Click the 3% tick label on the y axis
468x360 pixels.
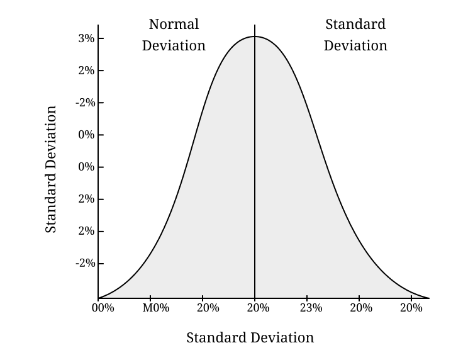(86, 38)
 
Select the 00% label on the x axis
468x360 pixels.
(103, 308)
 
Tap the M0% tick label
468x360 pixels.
(155, 308)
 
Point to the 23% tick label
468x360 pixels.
(311, 308)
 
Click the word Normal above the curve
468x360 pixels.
(174, 25)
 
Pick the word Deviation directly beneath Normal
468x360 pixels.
(174, 46)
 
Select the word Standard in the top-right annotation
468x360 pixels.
(355, 25)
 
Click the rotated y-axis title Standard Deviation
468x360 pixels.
(51, 169)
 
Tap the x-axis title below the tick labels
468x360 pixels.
(250, 338)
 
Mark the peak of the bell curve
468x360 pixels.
(255, 37)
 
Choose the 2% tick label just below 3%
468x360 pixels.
(86, 70)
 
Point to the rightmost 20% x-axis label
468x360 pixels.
(411, 308)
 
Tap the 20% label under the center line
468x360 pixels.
(258, 308)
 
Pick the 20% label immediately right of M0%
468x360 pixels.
(208, 308)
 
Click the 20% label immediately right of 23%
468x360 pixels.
(361, 308)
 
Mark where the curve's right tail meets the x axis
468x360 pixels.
(428, 298)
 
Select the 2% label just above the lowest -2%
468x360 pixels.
(86, 231)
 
